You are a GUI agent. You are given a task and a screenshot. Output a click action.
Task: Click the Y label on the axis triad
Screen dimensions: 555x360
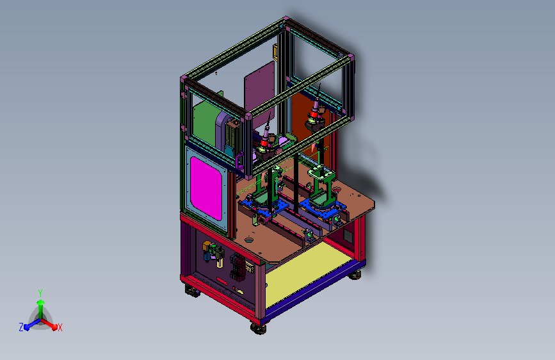tap(40, 293)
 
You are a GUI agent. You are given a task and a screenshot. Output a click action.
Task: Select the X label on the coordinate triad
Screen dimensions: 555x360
tap(60, 327)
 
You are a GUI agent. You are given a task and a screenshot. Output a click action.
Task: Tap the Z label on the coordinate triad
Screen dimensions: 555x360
tap(21, 327)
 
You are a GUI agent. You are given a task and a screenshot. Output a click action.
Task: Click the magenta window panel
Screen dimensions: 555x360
tap(206, 188)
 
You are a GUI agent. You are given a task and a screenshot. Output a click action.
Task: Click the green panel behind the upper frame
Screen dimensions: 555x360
tap(205, 122)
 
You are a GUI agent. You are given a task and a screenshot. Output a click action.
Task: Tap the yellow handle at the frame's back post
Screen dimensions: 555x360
tap(275, 53)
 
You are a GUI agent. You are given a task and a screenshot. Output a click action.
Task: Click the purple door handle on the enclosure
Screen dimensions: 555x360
tap(239, 161)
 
